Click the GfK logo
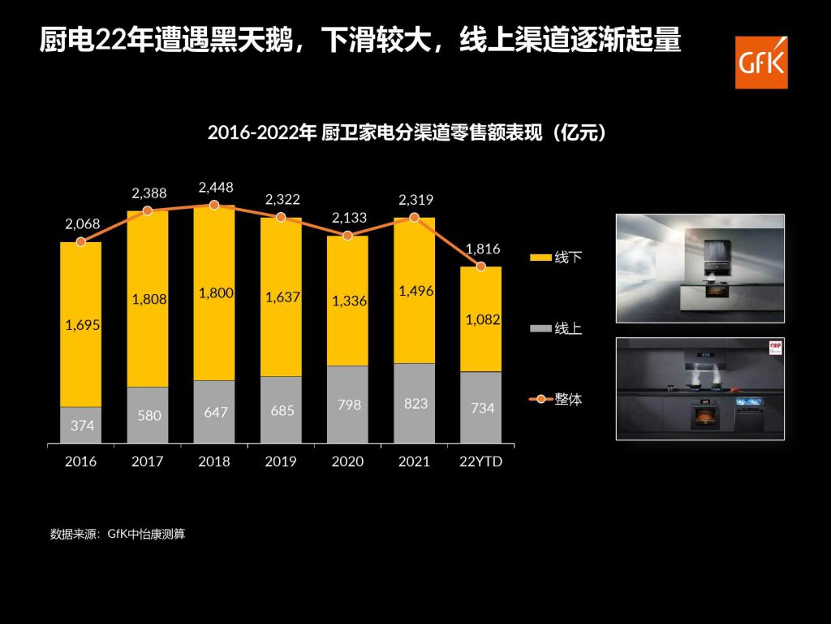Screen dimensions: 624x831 click(761, 62)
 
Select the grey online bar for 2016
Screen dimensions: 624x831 click(80, 425)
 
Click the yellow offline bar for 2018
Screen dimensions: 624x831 click(213, 292)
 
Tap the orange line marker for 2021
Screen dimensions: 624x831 click(414, 218)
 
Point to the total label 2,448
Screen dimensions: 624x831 click(214, 188)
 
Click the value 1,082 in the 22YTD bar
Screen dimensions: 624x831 click(482, 320)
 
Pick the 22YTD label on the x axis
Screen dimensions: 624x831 click(482, 461)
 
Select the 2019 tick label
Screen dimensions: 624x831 click(281, 461)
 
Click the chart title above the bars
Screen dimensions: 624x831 click(407, 132)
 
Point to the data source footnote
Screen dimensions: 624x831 click(118, 535)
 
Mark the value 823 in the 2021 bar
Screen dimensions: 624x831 click(415, 403)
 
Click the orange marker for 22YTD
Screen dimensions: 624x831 click(481, 266)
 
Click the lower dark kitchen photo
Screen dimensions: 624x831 click(700, 388)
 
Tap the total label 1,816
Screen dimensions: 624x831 click(483, 249)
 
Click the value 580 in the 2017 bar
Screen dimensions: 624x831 click(148, 415)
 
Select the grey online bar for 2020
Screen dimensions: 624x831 click(347, 405)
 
